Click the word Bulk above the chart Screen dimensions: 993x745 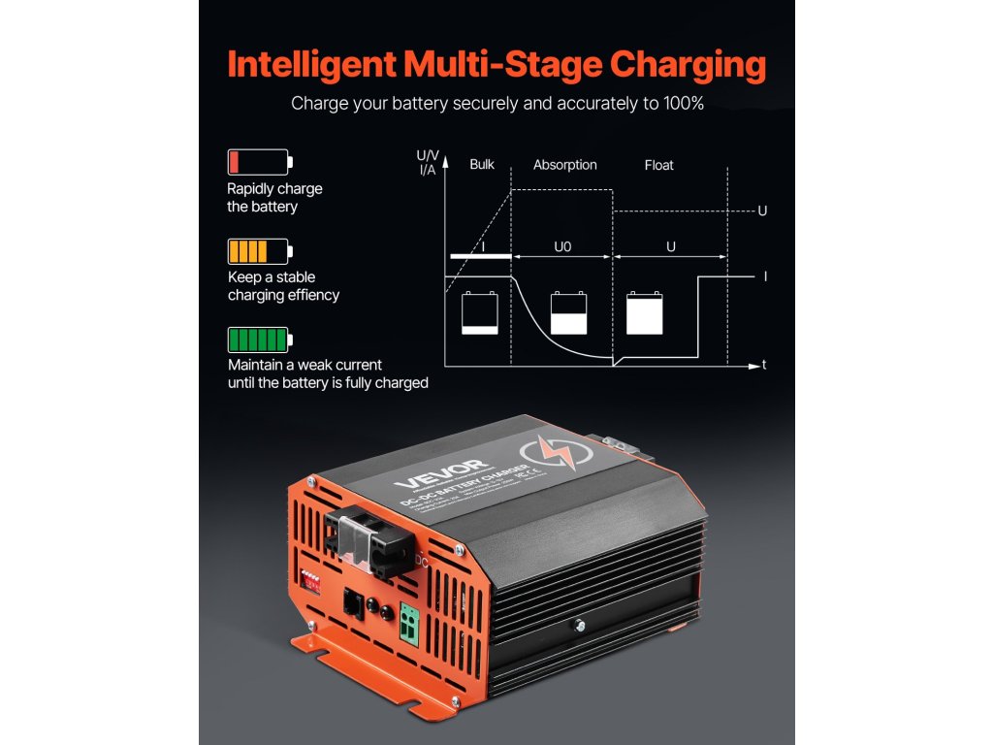(482, 165)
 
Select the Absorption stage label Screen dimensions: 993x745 (564, 165)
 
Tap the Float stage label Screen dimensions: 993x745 (658, 165)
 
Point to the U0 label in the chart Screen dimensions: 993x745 (562, 247)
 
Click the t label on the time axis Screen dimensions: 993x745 (765, 366)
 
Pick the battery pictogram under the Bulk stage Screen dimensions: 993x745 (480, 312)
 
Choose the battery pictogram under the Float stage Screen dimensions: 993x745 (646, 312)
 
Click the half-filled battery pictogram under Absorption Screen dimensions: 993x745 (569, 312)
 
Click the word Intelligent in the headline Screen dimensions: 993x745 (309, 65)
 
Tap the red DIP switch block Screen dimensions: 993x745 (313, 581)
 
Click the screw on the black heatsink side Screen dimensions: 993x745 (579, 628)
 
